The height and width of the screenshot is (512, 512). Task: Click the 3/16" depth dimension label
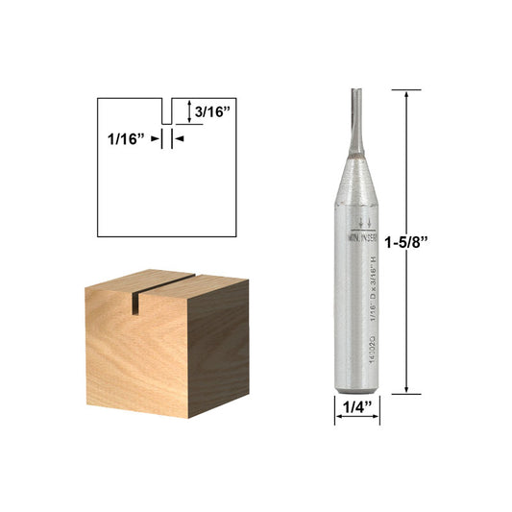[x=210, y=112]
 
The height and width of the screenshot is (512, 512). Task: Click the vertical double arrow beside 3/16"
[x=188, y=111]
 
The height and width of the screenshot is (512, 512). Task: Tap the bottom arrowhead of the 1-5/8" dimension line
[x=408, y=388]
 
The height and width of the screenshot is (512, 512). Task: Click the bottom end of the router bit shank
[x=357, y=389]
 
